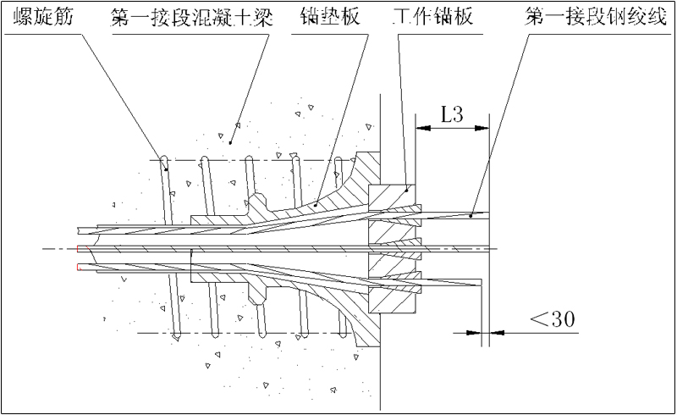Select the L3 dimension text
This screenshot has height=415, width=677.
[x=451, y=116]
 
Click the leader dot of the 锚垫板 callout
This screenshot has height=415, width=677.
[x=315, y=204]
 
